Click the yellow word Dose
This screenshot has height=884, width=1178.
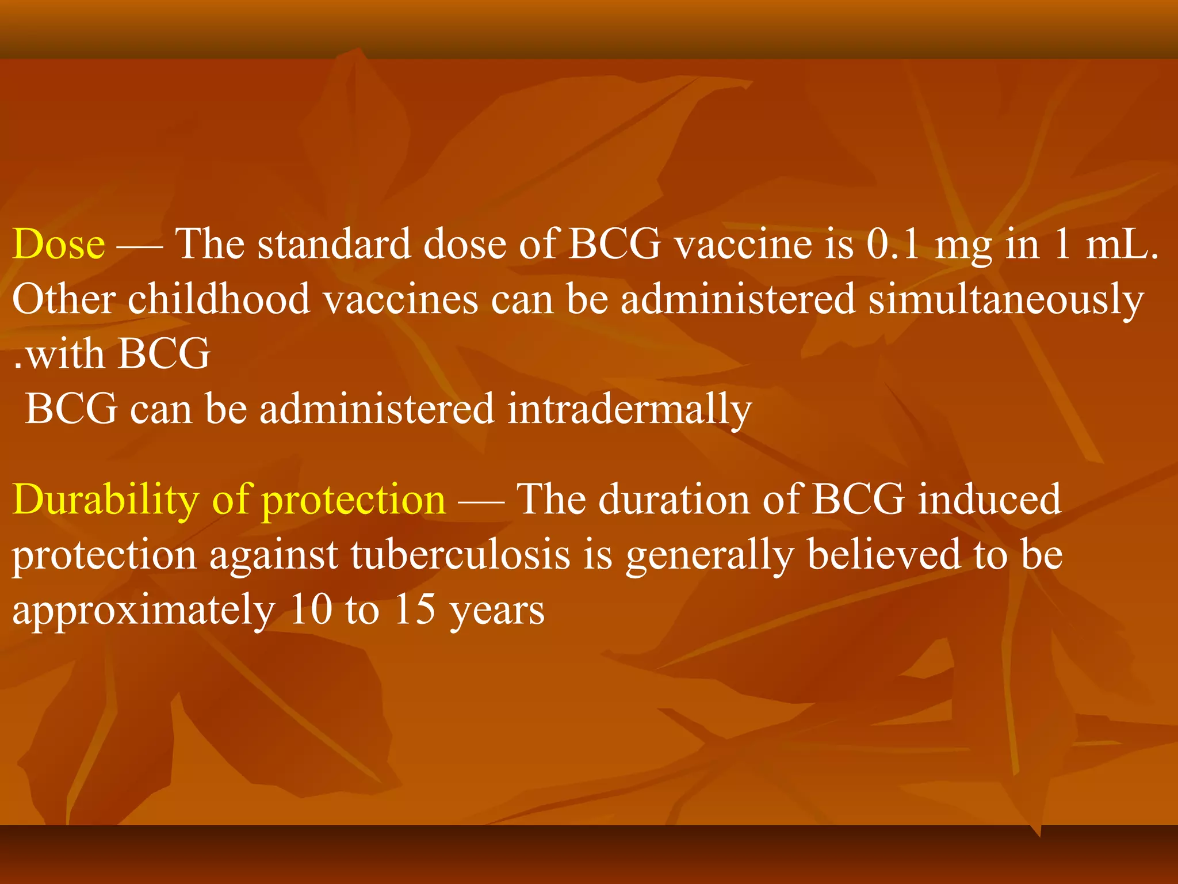point(59,244)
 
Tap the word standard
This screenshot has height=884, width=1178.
point(334,244)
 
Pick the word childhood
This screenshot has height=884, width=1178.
point(219,299)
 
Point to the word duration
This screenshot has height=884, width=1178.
point(674,499)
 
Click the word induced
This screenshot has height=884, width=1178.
point(989,499)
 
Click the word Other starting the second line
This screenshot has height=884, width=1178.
point(63,299)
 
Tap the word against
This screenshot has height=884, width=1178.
point(273,556)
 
